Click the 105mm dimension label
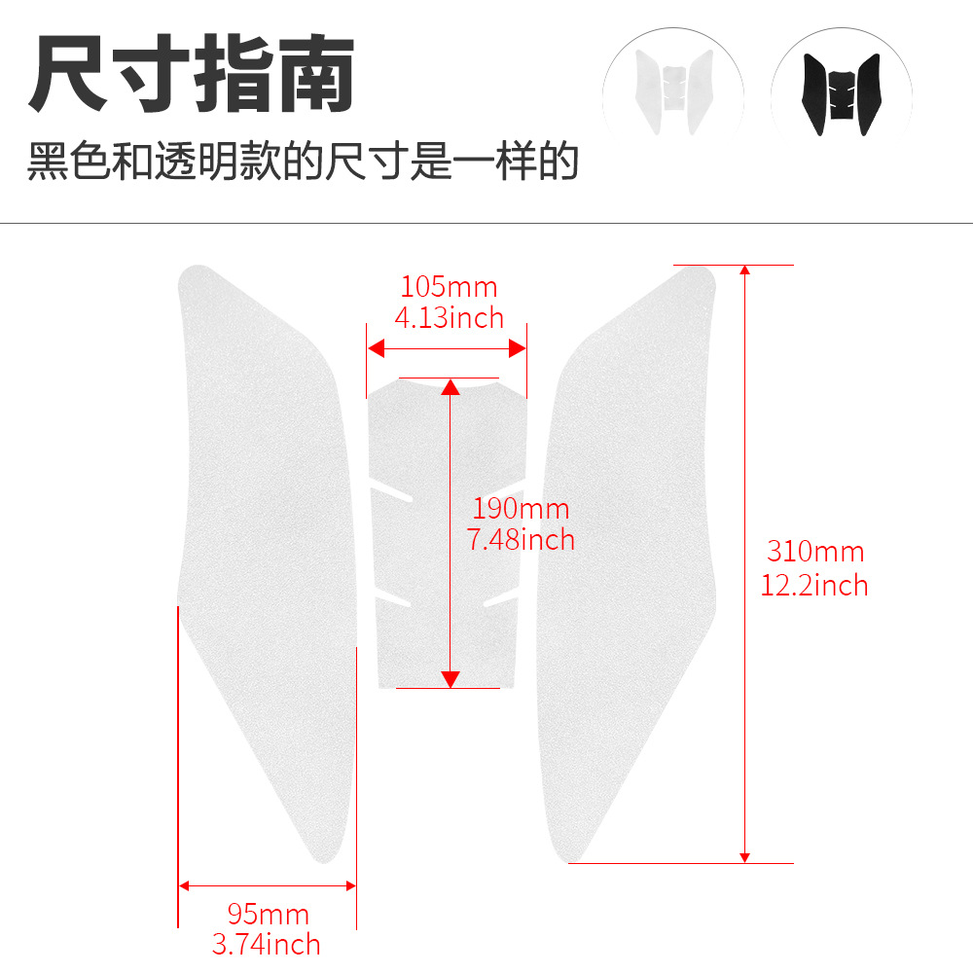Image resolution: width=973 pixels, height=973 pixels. tap(449, 287)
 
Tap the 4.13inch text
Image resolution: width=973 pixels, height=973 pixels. tap(449, 318)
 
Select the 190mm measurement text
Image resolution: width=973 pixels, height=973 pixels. tap(521, 509)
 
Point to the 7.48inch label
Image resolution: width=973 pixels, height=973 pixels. tap(521, 539)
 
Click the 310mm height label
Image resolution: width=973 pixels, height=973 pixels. tap(815, 552)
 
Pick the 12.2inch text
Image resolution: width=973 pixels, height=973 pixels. tap(814, 585)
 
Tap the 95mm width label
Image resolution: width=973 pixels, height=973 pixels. tap(269, 914)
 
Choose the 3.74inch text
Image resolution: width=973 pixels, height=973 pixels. tap(267, 945)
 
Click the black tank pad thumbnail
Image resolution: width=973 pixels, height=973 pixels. tap(842, 94)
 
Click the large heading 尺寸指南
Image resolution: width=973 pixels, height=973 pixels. tap(192, 73)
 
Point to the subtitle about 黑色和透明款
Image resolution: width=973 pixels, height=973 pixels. tap(303, 161)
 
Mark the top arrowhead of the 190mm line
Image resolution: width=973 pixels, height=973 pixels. tap(450, 387)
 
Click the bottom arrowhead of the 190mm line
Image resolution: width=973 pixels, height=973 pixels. tap(450, 679)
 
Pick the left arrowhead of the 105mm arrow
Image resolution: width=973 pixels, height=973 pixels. tap(376, 348)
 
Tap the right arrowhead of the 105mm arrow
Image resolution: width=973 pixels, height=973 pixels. tap(518, 348)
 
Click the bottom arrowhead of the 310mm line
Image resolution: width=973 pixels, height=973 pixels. tap(745, 857)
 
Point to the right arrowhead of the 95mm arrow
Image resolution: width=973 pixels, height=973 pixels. tap(351, 886)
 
